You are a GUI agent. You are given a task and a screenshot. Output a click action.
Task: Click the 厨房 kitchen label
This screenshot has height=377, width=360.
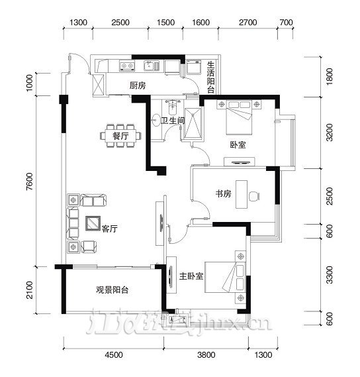137,85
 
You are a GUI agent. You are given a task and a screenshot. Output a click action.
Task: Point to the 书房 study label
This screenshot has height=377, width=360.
222,195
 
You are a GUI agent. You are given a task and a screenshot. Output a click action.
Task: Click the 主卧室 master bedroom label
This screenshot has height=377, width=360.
191,275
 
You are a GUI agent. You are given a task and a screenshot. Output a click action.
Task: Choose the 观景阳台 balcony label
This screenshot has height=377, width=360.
111,290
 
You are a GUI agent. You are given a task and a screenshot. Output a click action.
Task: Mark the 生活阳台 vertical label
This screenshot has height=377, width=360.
210,77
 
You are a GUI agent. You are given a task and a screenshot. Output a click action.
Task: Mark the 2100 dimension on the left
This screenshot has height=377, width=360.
30,289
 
